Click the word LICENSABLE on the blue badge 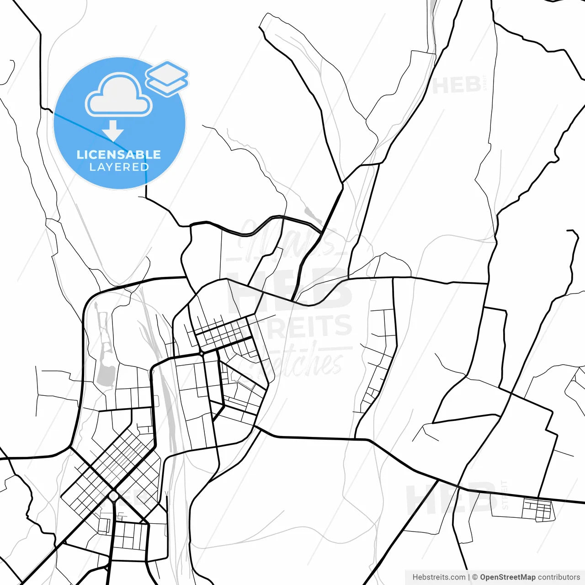tap(119, 154)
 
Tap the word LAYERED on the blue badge tap(119, 167)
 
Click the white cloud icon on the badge tap(119, 95)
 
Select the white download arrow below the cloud tap(113, 131)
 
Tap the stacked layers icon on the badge tap(167, 78)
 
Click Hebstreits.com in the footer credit tap(439, 577)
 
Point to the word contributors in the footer tap(558, 577)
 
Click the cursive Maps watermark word tap(288, 240)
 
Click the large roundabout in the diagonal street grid tap(114, 496)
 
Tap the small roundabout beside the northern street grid tap(201, 353)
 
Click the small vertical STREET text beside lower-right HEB tap(505, 495)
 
